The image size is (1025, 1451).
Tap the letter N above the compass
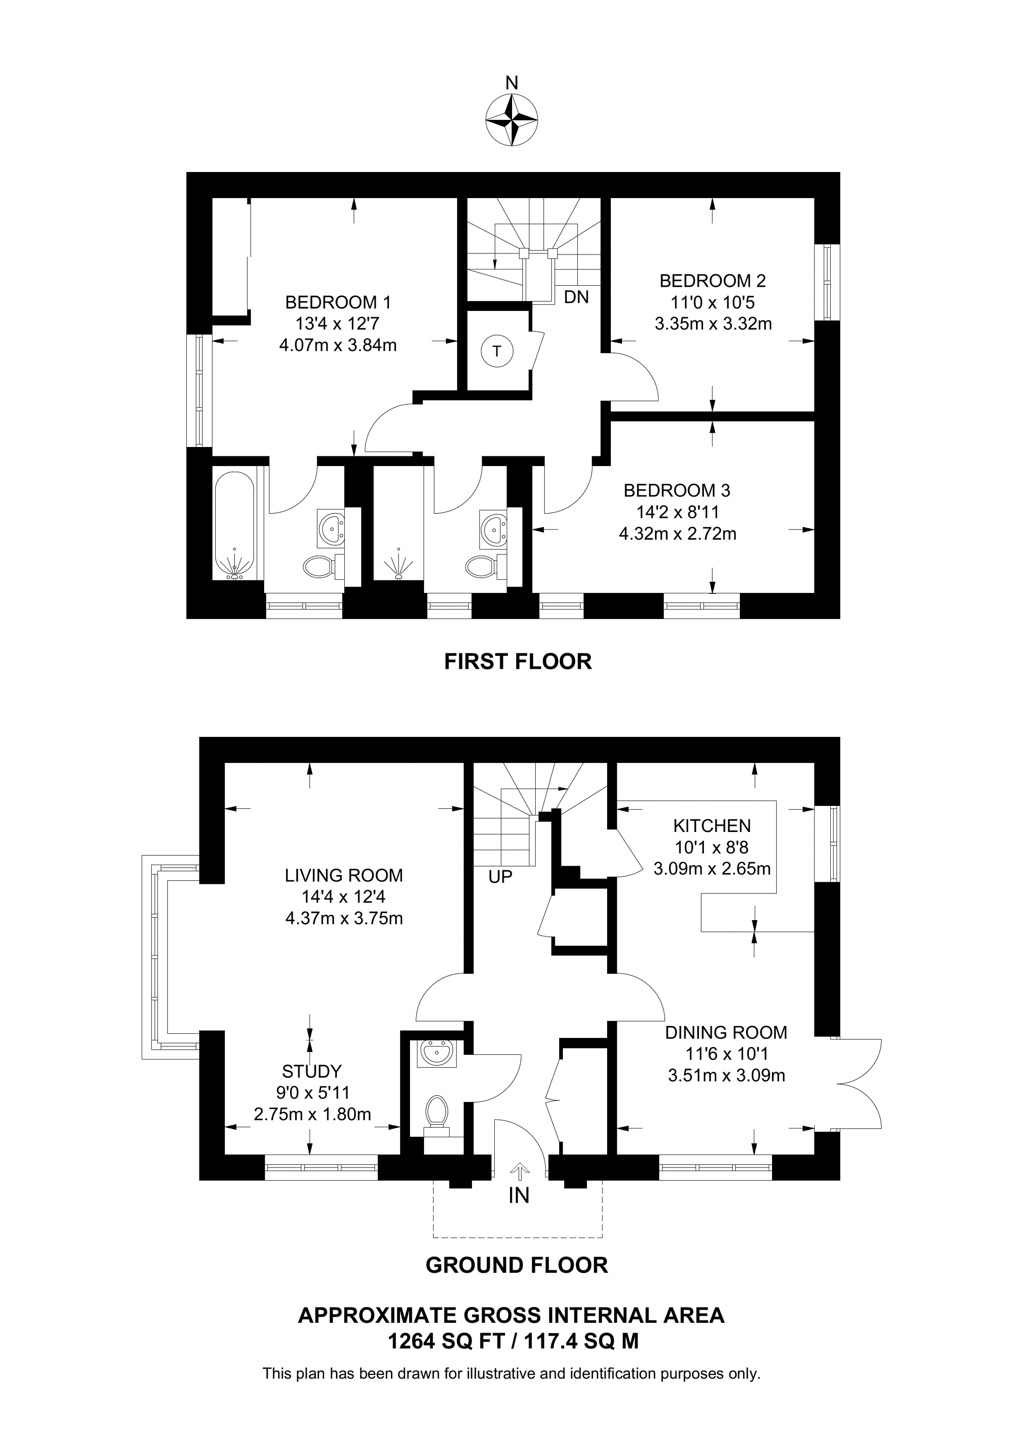coord(512,83)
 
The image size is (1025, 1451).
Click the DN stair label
coord(576,296)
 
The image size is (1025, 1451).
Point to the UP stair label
coord(500,877)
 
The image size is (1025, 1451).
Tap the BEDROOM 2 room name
coord(712,281)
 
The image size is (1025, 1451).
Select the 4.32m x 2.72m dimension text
coord(677,534)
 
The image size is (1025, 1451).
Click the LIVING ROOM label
coord(343,875)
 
